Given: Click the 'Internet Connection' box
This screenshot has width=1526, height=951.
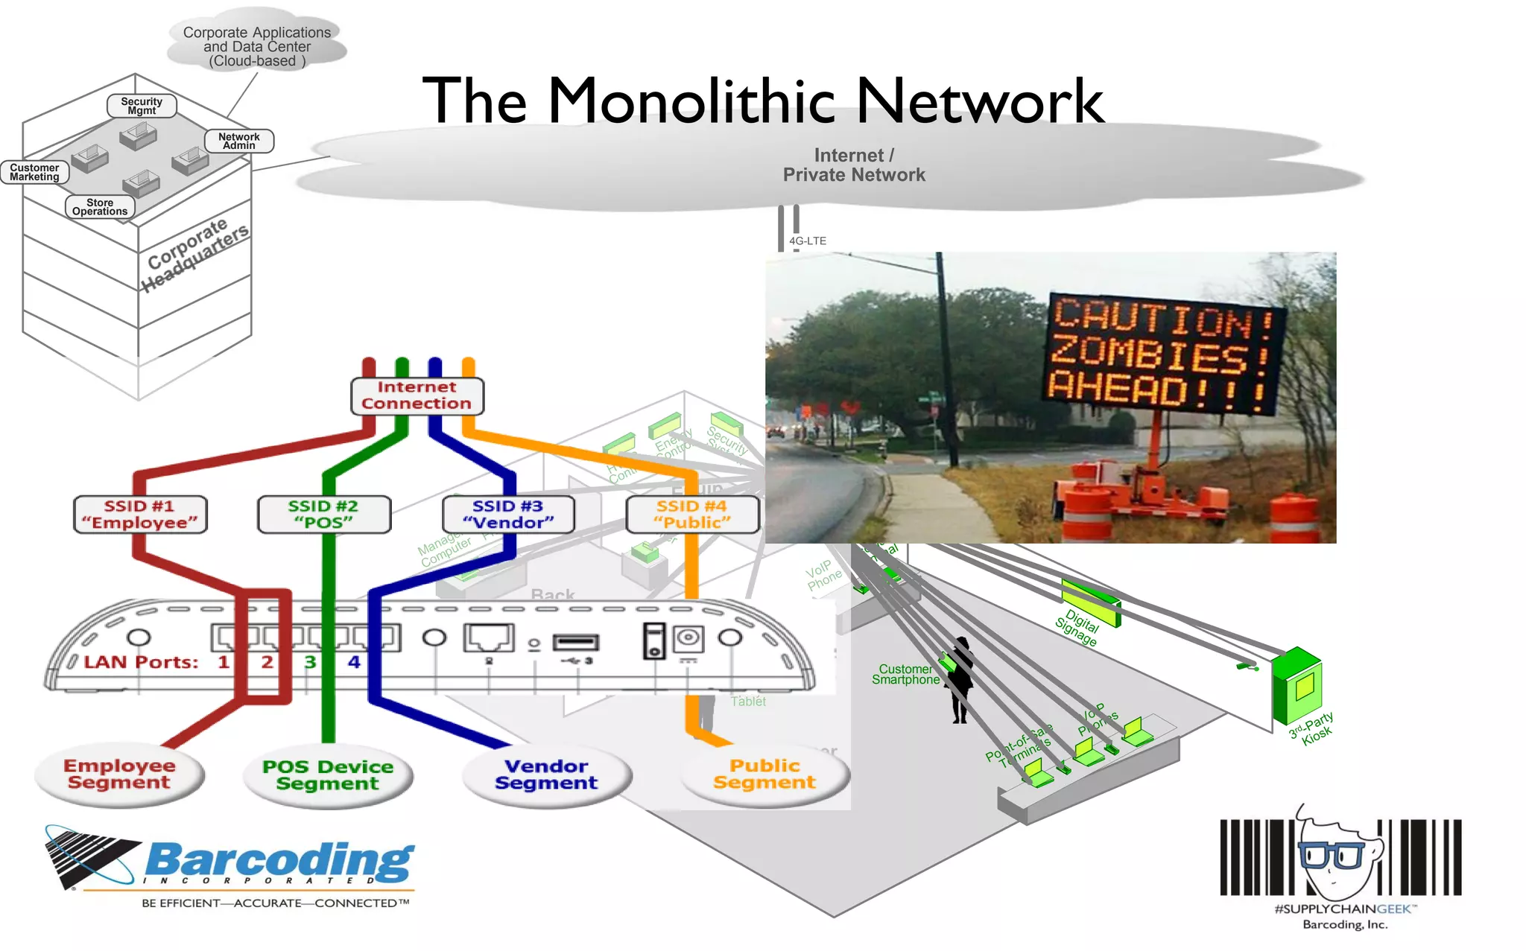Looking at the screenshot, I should [x=417, y=395].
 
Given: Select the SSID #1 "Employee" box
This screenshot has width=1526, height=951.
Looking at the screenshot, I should [x=140, y=515].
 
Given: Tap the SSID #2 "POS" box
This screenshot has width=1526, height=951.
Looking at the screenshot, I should [x=324, y=515].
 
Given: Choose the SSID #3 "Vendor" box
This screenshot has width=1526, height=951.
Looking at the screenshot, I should [x=508, y=515].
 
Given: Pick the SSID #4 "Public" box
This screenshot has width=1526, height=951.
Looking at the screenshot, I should [x=692, y=515].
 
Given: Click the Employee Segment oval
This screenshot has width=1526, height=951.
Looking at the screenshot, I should [x=119, y=775].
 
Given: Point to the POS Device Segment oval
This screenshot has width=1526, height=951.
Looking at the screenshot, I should [x=328, y=775].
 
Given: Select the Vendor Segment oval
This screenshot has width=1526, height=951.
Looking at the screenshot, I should [x=546, y=775].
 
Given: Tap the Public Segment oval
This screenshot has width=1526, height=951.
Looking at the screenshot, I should [x=764, y=775].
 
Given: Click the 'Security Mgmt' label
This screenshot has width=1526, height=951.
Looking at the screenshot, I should [x=142, y=106].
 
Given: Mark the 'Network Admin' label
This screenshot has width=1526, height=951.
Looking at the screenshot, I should [x=239, y=141].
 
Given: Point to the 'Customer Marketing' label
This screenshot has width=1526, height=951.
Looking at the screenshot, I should [x=34, y=172].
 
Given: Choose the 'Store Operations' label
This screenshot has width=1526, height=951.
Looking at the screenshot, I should [x=100, y=207].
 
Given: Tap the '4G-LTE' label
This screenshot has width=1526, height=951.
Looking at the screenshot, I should [x=808, y=241].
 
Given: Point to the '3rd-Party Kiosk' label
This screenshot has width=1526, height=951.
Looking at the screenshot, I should [x=1312, y=728].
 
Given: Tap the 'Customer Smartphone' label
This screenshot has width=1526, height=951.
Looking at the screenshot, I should [x=905, y=675].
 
